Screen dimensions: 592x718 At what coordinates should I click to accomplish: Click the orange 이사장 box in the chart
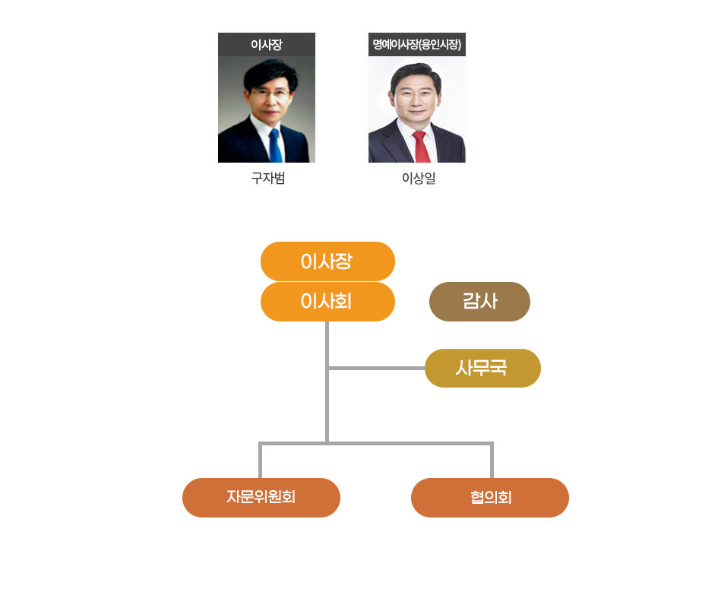(327, 261)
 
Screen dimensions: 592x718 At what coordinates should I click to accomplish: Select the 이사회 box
(327, 302)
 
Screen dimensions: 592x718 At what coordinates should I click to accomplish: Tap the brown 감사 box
(479, 302)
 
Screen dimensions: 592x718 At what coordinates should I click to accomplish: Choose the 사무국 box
(482, 369)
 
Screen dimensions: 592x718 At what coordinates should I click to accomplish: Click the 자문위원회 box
(261, 498)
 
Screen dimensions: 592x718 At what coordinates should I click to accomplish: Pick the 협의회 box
(490, 498)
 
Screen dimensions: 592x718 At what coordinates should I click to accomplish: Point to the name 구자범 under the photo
(267, 180)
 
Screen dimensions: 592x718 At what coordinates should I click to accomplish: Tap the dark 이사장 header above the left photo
(267, 45)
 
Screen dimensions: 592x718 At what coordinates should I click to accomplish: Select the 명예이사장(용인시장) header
(417, 45)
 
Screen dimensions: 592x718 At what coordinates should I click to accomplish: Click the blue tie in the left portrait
(274, 144)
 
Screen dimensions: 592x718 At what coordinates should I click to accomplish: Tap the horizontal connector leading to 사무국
(376, 369)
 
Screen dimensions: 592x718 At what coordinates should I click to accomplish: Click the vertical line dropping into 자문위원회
(261, 461)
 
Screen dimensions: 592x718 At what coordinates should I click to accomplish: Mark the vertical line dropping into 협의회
(492, 461)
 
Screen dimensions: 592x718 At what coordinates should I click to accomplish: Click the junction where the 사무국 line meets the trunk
(327, 369)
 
